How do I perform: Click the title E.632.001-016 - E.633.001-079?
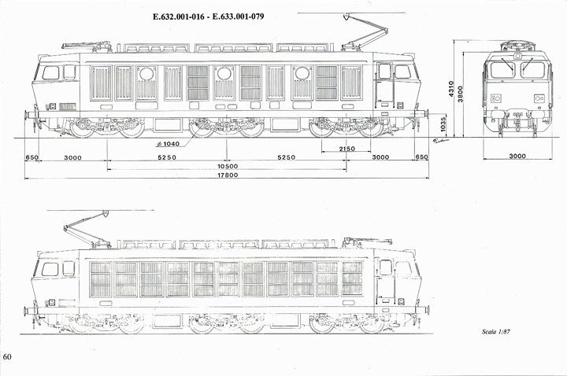click(x=208, y=17)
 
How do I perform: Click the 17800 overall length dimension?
click(x=228, y=175)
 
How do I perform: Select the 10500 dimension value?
click(x=228, y=166)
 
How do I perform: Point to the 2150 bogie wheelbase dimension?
click(x=346, y=149)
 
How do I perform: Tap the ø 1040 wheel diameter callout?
click(x=168, y=144)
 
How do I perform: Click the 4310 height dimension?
click(x=451, y=89)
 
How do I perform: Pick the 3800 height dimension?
click(x=461, y=94)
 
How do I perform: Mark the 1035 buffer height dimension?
click(x=443, y=123)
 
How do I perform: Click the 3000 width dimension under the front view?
click(x=517, y=156)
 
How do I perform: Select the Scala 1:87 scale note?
click(x=496, y=332)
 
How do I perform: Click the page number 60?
click(x=7, y=357)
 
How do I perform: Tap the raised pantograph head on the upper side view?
click(x=346, y=16)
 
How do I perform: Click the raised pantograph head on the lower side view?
click(x=106, y=213)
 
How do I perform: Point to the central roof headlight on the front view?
click(x=518, y=56)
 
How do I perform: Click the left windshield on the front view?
click(x=502, y=70)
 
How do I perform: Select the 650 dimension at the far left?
click(x=31, y=157)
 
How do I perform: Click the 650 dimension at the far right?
click(x=421, y=157)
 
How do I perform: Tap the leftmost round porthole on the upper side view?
click(x=146, y=74)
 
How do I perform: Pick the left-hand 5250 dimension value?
click(x=167, y=157)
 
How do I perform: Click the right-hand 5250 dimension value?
click(x=287, y=157)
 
